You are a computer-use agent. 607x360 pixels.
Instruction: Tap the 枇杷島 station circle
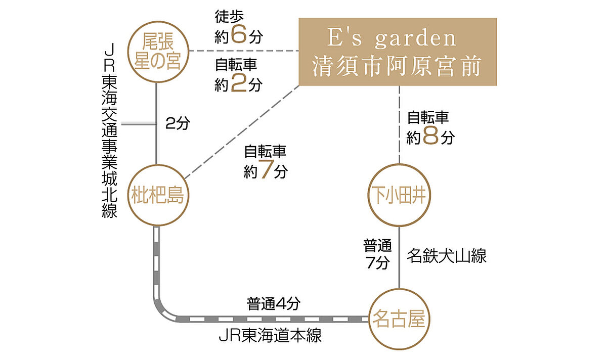(157, 195)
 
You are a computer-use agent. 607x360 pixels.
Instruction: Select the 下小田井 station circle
(400, 195)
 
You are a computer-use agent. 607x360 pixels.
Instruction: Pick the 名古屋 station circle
(400, 319)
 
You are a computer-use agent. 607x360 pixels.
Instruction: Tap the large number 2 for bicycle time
(237, 84)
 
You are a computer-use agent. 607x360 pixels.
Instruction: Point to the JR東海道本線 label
(270, 336)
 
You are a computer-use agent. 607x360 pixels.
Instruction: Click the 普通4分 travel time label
(273, 304)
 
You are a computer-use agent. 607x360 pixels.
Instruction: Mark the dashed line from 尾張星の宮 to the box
(243, 51)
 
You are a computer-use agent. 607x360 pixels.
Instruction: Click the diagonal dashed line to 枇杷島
(243, 131)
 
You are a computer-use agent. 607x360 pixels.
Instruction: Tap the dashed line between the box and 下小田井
(400, 124)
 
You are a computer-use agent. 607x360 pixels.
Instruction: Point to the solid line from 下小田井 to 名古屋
(400, 258)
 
